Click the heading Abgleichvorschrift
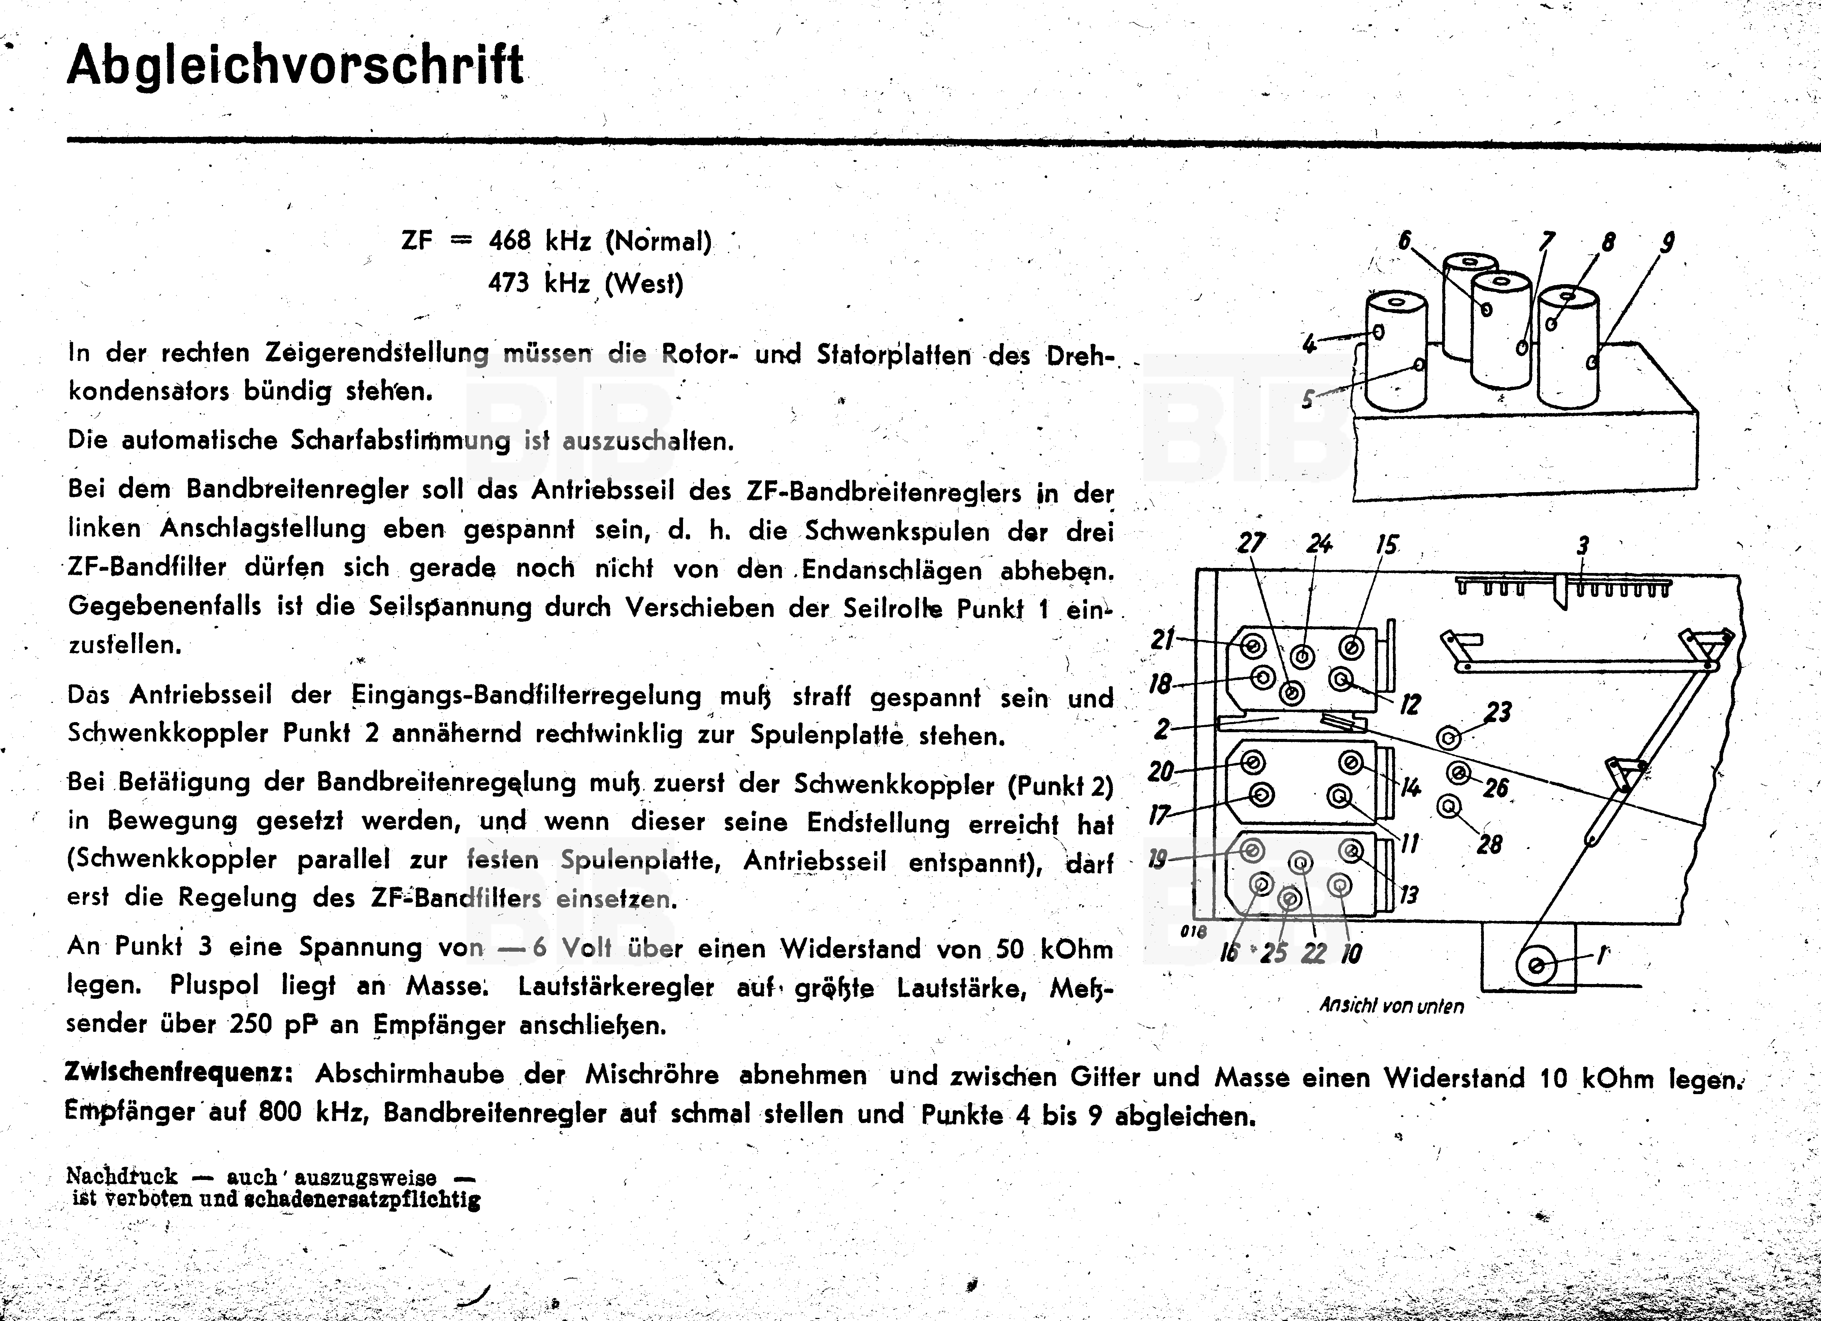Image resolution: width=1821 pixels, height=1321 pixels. [295, 66]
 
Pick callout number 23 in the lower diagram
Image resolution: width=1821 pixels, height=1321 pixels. [1498, 712]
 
